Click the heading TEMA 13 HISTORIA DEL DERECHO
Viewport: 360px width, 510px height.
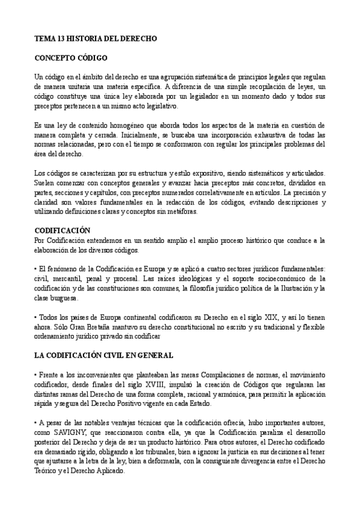click(x=95, y=38)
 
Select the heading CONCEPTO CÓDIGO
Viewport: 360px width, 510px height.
click(x=71, y=58)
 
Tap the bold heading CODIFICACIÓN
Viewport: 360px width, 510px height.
click(x=63, y=230)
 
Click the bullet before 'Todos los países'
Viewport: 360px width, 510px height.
click(x=35, y=317)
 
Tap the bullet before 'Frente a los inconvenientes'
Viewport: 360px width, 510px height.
click(x=35, y=375)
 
